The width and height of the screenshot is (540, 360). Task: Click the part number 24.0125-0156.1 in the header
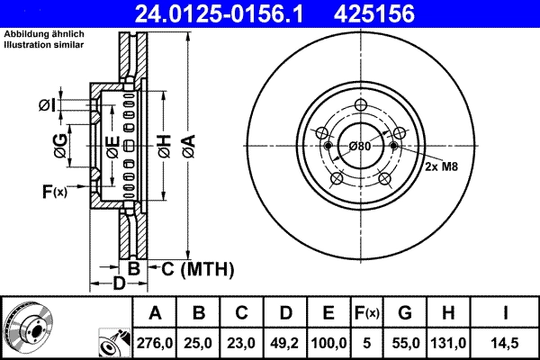(230, 13)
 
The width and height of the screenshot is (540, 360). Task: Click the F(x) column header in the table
(366, 313)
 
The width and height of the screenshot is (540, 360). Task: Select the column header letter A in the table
(155, 313)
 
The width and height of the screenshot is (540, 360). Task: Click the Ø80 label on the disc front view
(359, 146)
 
